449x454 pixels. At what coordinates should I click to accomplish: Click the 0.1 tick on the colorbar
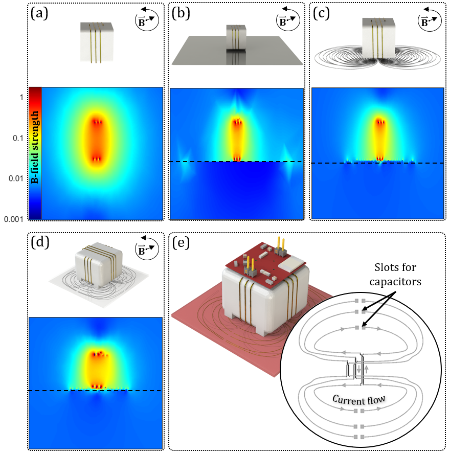tap(18, 138)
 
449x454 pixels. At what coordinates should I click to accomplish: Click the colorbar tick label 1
tap(21, 97)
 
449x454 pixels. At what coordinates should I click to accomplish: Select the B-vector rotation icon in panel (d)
tap(147, 249)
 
